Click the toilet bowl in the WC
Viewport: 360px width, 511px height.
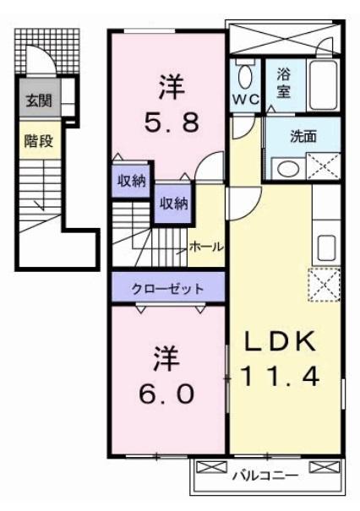245,77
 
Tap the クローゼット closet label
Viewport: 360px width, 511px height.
167,288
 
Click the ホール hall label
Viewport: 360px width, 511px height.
205,247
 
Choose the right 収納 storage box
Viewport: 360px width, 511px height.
172,203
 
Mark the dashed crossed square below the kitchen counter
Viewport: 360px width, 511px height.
325,284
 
